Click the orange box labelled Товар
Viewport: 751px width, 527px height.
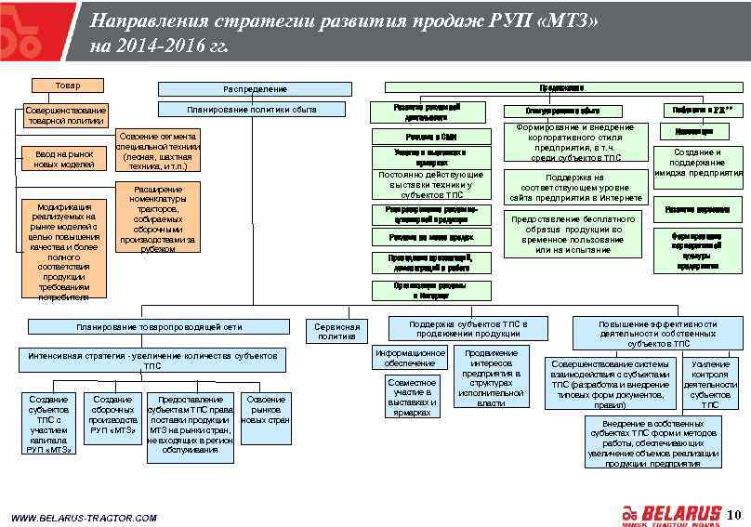[67, 86]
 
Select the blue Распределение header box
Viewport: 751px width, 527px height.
[255, 89]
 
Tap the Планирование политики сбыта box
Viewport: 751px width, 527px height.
[252, 110]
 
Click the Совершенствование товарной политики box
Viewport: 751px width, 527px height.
[65, 115]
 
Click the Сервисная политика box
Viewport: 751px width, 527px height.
[336, 332]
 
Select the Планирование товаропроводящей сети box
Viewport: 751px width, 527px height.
[160, 327]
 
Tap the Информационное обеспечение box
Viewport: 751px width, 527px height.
[410, 358]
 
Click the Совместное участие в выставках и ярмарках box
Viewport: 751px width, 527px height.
[412, 397]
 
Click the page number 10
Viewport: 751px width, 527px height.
[734, 514]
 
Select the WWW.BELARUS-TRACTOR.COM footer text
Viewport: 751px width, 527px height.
[84, 518]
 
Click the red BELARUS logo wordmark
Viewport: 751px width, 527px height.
[681, 513]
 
